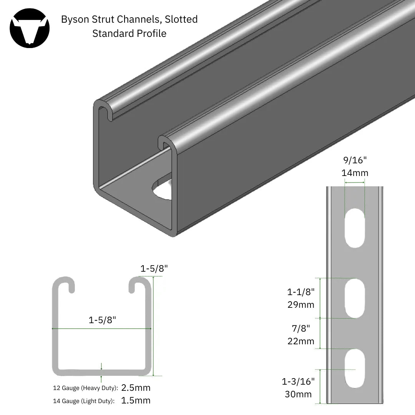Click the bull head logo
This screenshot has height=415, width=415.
click(x=30, y=28)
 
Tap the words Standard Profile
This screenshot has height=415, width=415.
click(x=129, y=33)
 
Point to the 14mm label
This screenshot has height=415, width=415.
click(x=354, y=173)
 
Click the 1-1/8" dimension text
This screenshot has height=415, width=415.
click(x=301, y=292)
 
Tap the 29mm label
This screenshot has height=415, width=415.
click(x=301, y=305)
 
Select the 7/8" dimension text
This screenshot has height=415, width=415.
click(x=301, y=328)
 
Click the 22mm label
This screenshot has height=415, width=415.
click(x=301, y=341)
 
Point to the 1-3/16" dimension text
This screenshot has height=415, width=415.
click(x=298, y=381)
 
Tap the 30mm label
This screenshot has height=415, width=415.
click(x=298, y=394)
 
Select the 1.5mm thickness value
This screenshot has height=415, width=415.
click(x=136, y=400)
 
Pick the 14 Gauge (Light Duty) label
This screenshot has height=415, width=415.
click(x=84, y=401)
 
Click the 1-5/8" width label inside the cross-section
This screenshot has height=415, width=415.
click(x=102, y=320)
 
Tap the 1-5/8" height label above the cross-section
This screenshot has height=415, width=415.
click(x=154, y=269)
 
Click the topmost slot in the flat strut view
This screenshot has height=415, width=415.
click(x=354, y=227)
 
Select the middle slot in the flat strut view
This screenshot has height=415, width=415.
click(x=354, y=298)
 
